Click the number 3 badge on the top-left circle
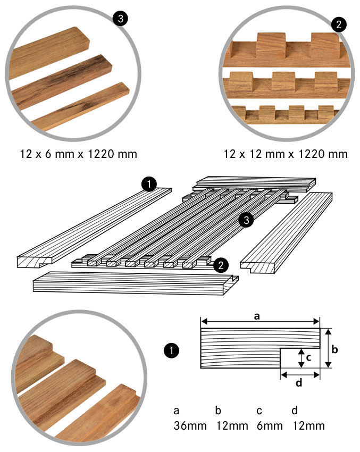click(x=121, y=19)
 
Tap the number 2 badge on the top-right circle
click(x=339, y=24)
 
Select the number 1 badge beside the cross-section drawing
click(x=171, y=350)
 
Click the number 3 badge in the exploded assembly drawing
click(x=246, y=220)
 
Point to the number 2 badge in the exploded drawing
click(x=221, y=265)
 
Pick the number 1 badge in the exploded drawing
click(x=149, y=184)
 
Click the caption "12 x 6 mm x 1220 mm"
click(x=78, y=154)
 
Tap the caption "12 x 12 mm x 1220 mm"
click(x=286, y=154)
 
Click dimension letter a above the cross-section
click(x=256, y=316)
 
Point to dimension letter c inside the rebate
click(x=308, y=358)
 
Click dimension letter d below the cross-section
click(x=299, y=382)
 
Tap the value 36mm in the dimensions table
click(x=190, y=426)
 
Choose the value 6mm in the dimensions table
click(x=270, y=426)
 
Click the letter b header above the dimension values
click(x=218, y=410)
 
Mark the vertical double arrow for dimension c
click(x=301, y=358)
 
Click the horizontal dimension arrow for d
click(x=300, y=375)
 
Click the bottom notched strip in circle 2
click(x=286, y=115)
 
